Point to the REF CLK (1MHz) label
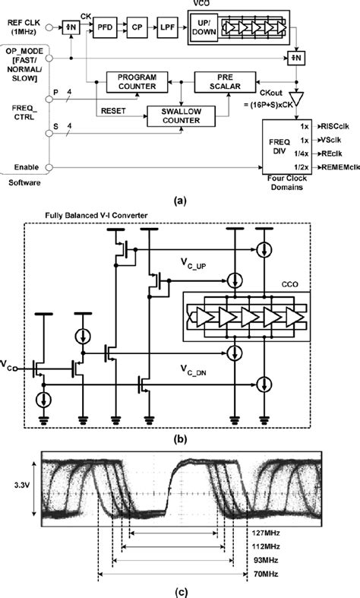coord(25,25)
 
